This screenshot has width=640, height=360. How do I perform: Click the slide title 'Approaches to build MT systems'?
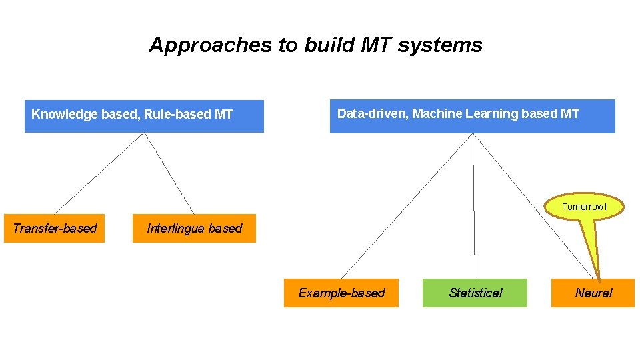315,45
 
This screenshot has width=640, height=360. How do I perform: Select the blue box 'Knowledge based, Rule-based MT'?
144,116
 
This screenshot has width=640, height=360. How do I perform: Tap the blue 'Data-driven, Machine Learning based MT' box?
472,116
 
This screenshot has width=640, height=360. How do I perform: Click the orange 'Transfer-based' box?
54,229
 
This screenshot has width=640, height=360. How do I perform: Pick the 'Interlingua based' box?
194,229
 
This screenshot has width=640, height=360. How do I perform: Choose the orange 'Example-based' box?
341,293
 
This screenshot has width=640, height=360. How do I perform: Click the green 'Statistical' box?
475,293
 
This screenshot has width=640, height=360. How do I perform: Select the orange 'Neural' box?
593,293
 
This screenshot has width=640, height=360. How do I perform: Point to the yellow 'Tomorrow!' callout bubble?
585,207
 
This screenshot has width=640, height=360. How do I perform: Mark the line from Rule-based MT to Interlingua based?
169,173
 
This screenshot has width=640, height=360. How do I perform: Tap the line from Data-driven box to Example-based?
407,206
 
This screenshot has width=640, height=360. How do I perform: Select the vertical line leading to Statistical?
474,206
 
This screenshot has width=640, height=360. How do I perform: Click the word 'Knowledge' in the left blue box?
65,115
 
